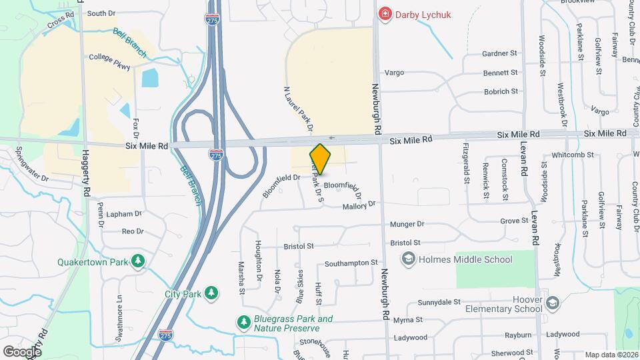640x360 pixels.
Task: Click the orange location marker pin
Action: (320, 159)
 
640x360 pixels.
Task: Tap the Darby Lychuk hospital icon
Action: (385, 13)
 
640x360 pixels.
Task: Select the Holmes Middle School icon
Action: (408, 259)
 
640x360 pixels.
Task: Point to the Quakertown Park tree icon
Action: (137, 261)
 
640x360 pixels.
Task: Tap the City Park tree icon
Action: (211, 293)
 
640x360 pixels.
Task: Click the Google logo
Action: (22, 351)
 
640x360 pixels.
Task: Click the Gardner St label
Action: (500, 53)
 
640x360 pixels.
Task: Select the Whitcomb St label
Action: (563, 155)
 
